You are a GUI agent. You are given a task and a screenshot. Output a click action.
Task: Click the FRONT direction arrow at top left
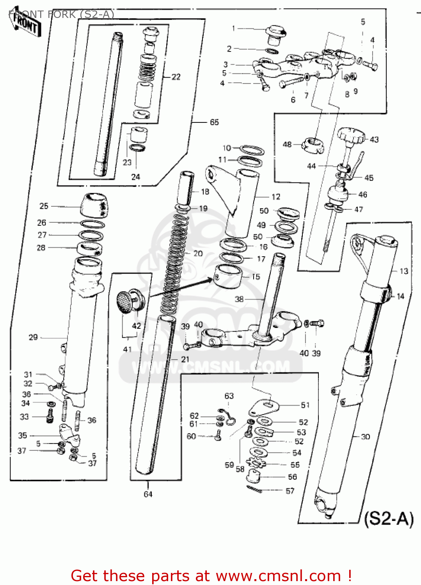(26, 24)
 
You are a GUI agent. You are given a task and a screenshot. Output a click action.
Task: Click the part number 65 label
(214, 122)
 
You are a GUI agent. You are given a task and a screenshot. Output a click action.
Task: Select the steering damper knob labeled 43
(351, 136)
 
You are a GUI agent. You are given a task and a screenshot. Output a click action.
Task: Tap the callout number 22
(176, 77)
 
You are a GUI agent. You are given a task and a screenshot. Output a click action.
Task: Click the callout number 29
(33, 337)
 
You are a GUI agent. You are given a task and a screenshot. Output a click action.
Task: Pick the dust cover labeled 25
(94, 205)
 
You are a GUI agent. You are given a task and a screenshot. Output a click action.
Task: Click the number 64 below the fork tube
(148, 495)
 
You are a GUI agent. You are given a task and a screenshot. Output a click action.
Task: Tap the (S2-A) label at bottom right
(389, 519)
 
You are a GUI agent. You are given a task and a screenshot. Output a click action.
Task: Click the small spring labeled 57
(254, 489)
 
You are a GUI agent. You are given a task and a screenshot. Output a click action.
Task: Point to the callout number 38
(239, 299)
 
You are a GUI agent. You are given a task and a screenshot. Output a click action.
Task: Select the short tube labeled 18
(186, 187)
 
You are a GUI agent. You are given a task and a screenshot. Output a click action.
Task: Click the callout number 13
(404, 271)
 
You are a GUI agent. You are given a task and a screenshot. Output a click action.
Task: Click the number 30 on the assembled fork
(365, 437)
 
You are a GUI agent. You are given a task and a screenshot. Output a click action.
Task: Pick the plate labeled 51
(264, 407)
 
